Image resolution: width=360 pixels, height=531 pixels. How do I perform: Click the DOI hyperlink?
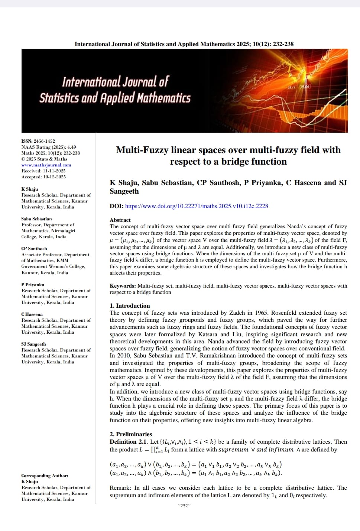(197, 206)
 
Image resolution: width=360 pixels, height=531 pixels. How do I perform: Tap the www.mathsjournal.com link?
(46, 165)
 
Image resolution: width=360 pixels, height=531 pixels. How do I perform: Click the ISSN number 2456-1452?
(44, 141)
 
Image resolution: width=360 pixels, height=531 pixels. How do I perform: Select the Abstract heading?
(120, 220)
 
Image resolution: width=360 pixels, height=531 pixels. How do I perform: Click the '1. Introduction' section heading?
(130, 306)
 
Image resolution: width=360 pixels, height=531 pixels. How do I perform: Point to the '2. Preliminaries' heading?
(131, 434)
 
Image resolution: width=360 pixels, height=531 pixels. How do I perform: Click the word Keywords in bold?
(123, 286)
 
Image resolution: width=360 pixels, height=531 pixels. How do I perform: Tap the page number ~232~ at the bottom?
(184, 505)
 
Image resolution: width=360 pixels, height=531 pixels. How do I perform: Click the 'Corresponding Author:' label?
(45, 476)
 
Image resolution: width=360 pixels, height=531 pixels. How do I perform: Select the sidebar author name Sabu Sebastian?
(36, 219)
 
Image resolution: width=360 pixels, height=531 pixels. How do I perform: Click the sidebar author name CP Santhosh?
(34, 249)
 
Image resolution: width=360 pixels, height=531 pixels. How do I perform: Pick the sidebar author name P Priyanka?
(33, 285)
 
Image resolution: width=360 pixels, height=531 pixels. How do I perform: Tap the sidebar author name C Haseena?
(32, 314)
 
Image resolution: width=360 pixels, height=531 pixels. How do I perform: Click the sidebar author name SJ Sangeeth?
(33, 344)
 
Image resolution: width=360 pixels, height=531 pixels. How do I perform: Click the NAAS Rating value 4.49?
(71, 147)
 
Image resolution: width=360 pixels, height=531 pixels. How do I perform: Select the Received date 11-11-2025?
(54, 171)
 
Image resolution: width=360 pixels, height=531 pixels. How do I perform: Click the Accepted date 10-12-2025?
(54, 177)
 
